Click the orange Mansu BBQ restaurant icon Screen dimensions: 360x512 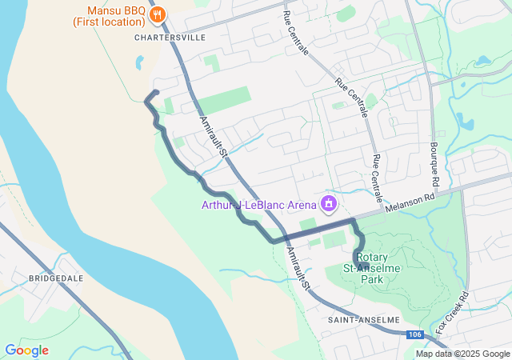pyautogui.click(x=158, y=14)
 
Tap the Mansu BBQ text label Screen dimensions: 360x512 pyautogui.click(x=119, y=11)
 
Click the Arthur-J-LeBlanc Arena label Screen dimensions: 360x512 pyautogui.click(x=258, y=205)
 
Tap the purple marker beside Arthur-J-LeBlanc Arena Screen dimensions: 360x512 pyautogui.click(x=327, y=205)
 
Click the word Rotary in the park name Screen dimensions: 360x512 pyautogui.click(x=373, y=258)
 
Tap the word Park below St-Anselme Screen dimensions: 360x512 pyautogui.click(x=373, y=280)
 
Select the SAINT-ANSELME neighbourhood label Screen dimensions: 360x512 pyautogui.click(x=363, y=319)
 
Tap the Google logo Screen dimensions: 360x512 pyautogui.click(x=26, y=350)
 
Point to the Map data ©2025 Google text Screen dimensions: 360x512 pyautogui.click(x=462, y=354)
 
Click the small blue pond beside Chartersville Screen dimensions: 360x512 pyautogui.click(x=141, y=62)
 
